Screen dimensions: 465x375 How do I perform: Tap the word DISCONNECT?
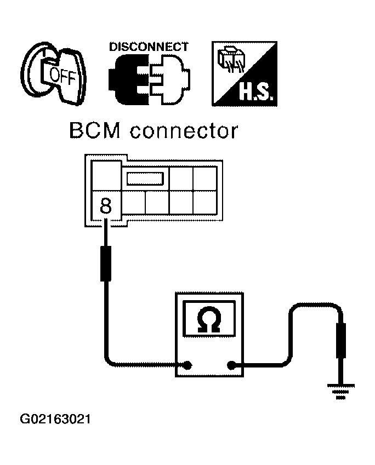tap(149, 47)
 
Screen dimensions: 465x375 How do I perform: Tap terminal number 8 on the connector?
tap(106, 206)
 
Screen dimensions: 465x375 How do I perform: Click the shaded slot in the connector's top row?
tap(145, 178)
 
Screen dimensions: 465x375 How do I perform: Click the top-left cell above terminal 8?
tap(106, 176)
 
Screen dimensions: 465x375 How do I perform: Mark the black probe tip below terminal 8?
tap(105, 263)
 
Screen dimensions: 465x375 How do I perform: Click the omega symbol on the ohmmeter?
tap(209, 319)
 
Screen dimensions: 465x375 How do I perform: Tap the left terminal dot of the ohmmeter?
tap(189, 365)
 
